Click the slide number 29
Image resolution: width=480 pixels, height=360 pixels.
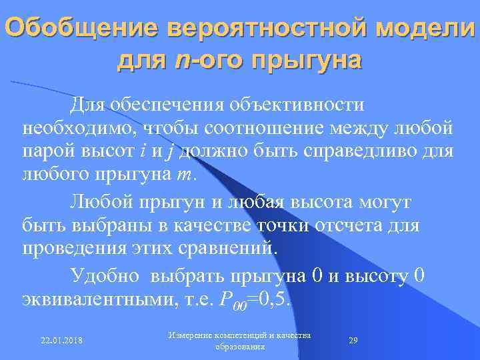(353, 340)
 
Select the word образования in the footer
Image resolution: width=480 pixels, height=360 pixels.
(240, 347)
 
